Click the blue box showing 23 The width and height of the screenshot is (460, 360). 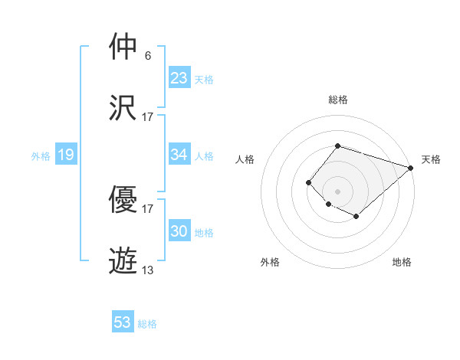(179, 78)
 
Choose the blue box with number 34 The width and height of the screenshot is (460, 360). (179, 155)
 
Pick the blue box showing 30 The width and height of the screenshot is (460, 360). (179, 231)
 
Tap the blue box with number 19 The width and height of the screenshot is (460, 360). (65, 155)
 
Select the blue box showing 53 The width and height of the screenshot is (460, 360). (123, 322)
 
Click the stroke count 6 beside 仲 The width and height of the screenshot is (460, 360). (148, 56)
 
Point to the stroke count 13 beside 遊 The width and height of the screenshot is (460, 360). (148, 270)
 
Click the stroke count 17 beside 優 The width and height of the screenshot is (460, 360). (148, 208)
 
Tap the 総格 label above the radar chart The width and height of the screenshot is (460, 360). (337, 100)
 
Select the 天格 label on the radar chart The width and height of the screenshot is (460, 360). (431, 159)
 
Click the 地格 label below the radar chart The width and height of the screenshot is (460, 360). (402, 262)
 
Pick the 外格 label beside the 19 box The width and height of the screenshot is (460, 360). (41, 156)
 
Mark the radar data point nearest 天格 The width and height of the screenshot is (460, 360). (412, 167)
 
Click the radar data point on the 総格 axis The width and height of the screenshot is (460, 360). (337, 146)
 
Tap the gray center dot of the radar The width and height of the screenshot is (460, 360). (337, 191)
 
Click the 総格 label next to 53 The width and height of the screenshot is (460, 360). (147, 324)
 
